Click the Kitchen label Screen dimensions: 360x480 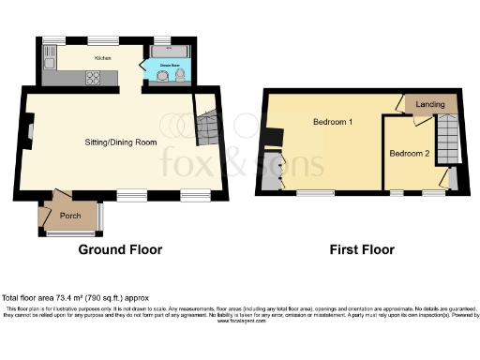click(103, 57)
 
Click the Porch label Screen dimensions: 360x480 click(69, 215)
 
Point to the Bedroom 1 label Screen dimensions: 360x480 click(332, 123)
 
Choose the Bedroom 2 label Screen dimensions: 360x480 click(410, 153)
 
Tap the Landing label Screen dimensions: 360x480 click(431, 104)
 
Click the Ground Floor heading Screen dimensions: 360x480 click(120, 250)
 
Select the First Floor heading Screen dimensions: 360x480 click(361, 250)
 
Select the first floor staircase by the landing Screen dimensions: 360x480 click(448, 141)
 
